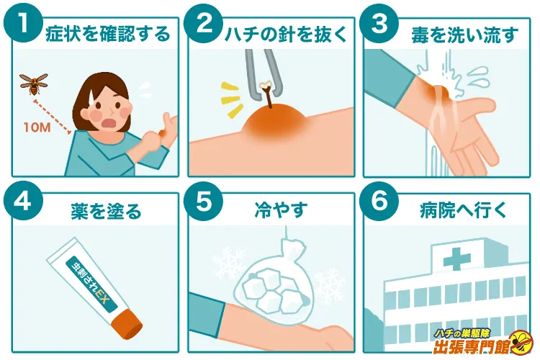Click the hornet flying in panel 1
tap(33, 84)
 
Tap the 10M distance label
tap(37, 127)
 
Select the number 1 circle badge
tap(24, 24)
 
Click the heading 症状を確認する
tap(108, 35)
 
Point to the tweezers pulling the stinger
tap(263, 74)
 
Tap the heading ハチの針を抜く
tap(286, 35)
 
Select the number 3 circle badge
tap(379, 24)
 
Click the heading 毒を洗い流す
tap(465, 35)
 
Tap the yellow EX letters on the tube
tap(102, 299)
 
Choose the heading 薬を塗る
tap(106, 211)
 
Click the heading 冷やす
tap(281, 210)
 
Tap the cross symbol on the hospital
tap(456, 258)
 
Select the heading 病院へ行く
tap(464, 210)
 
